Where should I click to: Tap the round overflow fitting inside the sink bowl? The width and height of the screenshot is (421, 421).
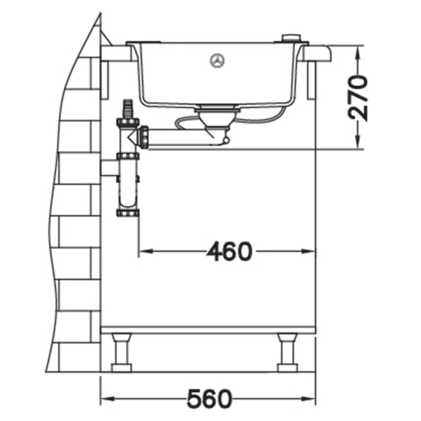[x=217, y=60]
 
